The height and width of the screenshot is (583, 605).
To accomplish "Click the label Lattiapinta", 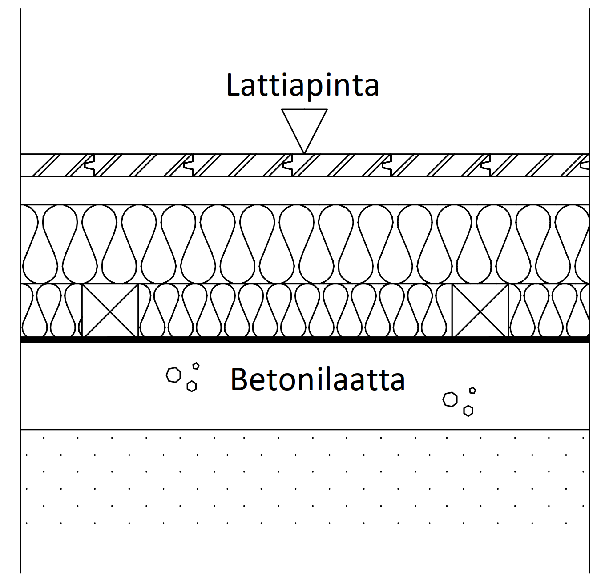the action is click(x=302, y=85).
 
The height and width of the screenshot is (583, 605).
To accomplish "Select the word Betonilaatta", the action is click(x=318, y=379).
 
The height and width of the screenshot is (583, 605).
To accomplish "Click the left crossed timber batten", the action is click(x=110, y=311).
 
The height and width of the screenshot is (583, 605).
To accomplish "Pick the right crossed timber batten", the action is click(x=480, y=311).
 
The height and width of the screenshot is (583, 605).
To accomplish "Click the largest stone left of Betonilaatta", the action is click(x=173, y=375).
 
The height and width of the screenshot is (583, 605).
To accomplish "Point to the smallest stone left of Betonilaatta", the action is click(x=196, y=366).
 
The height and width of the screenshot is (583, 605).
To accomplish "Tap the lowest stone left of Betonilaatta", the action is click(x=192, y=386).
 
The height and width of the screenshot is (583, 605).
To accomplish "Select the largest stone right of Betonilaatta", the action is click(x=450, y=399).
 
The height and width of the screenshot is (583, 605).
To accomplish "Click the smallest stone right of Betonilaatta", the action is click(x=472, y=391).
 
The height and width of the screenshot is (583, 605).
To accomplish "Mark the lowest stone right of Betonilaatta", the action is click(x=468, y=411).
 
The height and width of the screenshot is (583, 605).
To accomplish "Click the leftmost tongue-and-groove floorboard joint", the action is click(x=90, y=165).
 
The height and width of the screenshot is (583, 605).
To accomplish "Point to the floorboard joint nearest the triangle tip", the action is click(x=288, y=165).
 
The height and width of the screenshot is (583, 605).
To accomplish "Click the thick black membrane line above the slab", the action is click(x=305, y=340).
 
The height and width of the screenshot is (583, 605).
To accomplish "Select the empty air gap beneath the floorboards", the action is click(x=305, y=190).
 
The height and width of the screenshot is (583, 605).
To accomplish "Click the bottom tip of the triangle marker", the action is click(x=304, y=153).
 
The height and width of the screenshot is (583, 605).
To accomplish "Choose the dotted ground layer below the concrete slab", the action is click(x=305, y=500).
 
